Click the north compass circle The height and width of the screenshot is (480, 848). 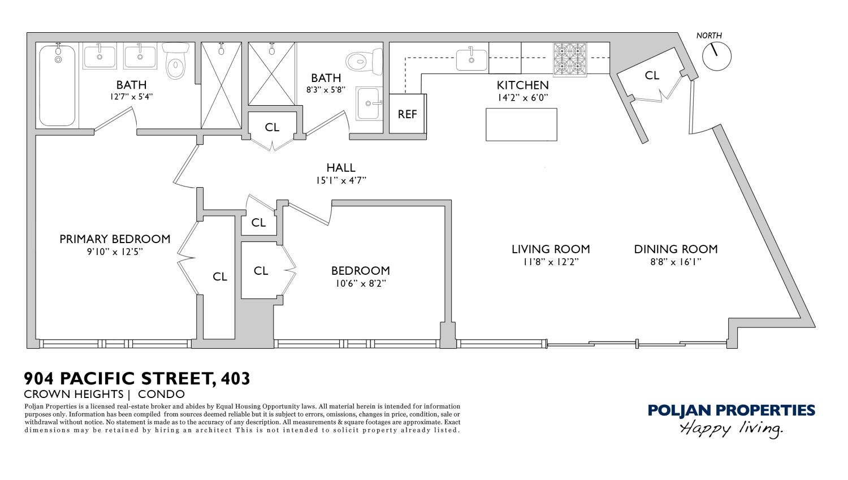[x=716, y=57]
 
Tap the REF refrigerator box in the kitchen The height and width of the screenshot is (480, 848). [x=407, y=114]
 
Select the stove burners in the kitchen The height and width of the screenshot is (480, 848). [x=570, y=59]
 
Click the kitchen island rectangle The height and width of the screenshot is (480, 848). [x=521, y=124]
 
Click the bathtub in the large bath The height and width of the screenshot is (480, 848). [x=57, y=86]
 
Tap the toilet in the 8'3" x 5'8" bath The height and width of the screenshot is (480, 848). [x=364, y=61]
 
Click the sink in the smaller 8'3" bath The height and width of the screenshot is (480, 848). [x=369, y=103]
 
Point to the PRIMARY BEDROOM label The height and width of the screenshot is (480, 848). [x=115, y=239]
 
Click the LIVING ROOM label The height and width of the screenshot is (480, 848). [x=551, y=249]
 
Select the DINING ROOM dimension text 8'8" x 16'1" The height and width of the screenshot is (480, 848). [x=676, y=262]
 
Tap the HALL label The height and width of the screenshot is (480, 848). [x=341, y=168]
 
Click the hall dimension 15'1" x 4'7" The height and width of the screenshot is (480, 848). [x=341, y=181]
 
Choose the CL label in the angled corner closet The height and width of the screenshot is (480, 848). [x=652, y=75]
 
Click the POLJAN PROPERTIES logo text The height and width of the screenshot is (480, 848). [x=731, y=410]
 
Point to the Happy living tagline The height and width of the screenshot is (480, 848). [x=731, y=429]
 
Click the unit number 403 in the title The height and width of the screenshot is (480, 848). [x=236, y=378]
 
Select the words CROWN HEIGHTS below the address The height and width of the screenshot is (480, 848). [x=73, y=394]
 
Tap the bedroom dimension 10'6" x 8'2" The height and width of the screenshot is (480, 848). [x=361, y=284]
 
